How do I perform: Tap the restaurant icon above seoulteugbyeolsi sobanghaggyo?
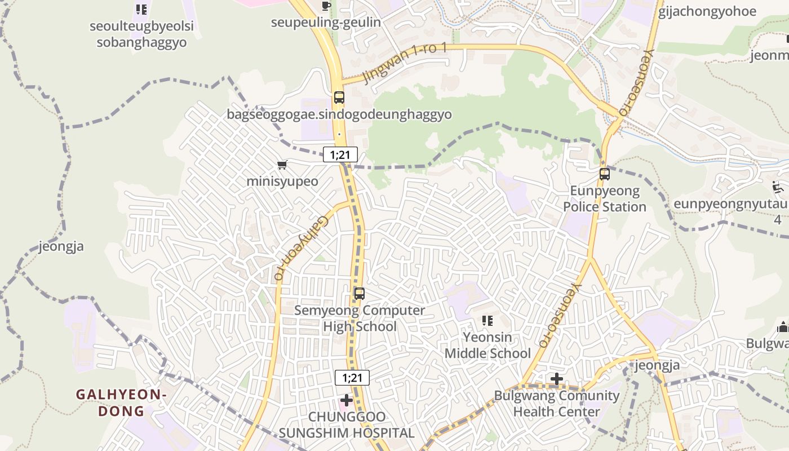(x=141, y=10)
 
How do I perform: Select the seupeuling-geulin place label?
(x=326, y=23)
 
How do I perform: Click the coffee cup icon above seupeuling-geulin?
(x=326, y=6)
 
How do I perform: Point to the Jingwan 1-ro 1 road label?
(x=405, y=63)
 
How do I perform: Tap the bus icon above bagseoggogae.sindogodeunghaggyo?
(x=339, y=97)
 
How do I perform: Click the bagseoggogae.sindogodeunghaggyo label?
(x=339, y=114)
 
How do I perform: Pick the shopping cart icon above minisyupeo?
(x=282, y=165)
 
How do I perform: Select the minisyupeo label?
(x=282, y=182)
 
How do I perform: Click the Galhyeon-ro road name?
(x=295, y=248)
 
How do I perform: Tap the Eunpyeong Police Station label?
(x=605, y=199)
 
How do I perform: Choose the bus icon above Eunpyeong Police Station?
(x=605, y=174)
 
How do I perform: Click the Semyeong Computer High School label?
(x=360, y=319)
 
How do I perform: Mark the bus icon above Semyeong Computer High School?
(x=359, y=294)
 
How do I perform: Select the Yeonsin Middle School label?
(x=487, y=345)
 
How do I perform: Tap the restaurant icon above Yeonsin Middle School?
(x=487, y=321)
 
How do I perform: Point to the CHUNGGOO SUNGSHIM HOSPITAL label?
(x=347, y=425)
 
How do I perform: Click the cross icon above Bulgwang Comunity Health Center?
(x=556, y=379)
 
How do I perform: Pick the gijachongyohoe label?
(x=707, y=11)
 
